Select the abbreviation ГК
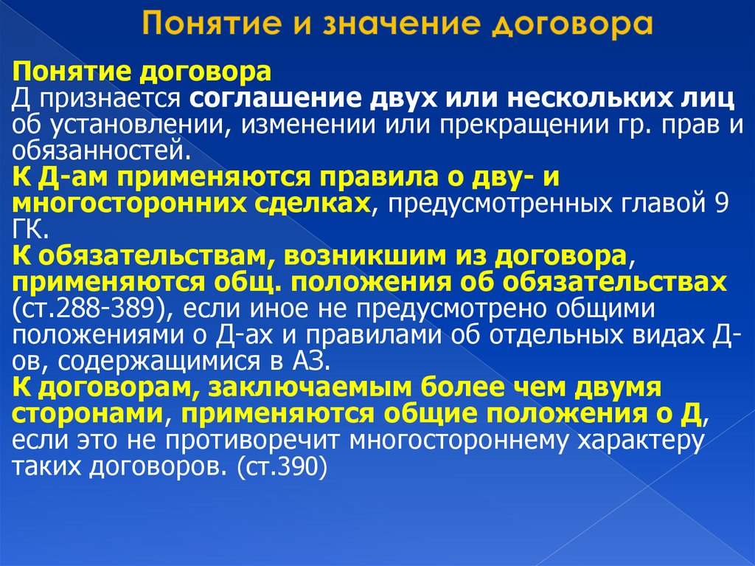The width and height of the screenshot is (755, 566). coord(30,230)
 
